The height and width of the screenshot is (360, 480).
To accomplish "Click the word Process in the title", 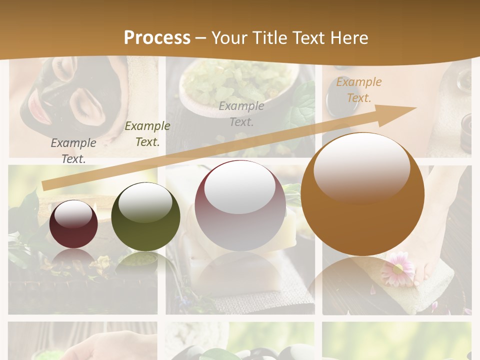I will (157, 38).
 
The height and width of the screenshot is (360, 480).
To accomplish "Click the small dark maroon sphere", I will (73, 224).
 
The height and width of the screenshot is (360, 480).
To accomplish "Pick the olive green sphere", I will (145, 217).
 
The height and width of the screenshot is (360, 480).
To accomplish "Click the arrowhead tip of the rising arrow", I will (415, 107).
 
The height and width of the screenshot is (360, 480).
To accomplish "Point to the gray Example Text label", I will (73, 150).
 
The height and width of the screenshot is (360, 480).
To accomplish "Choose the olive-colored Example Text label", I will (147, 134).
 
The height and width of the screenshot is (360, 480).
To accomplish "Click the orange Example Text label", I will (358, 90).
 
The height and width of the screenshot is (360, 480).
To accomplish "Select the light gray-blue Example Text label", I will (241, 113).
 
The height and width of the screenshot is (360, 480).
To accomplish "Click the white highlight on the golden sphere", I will (361, 167).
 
